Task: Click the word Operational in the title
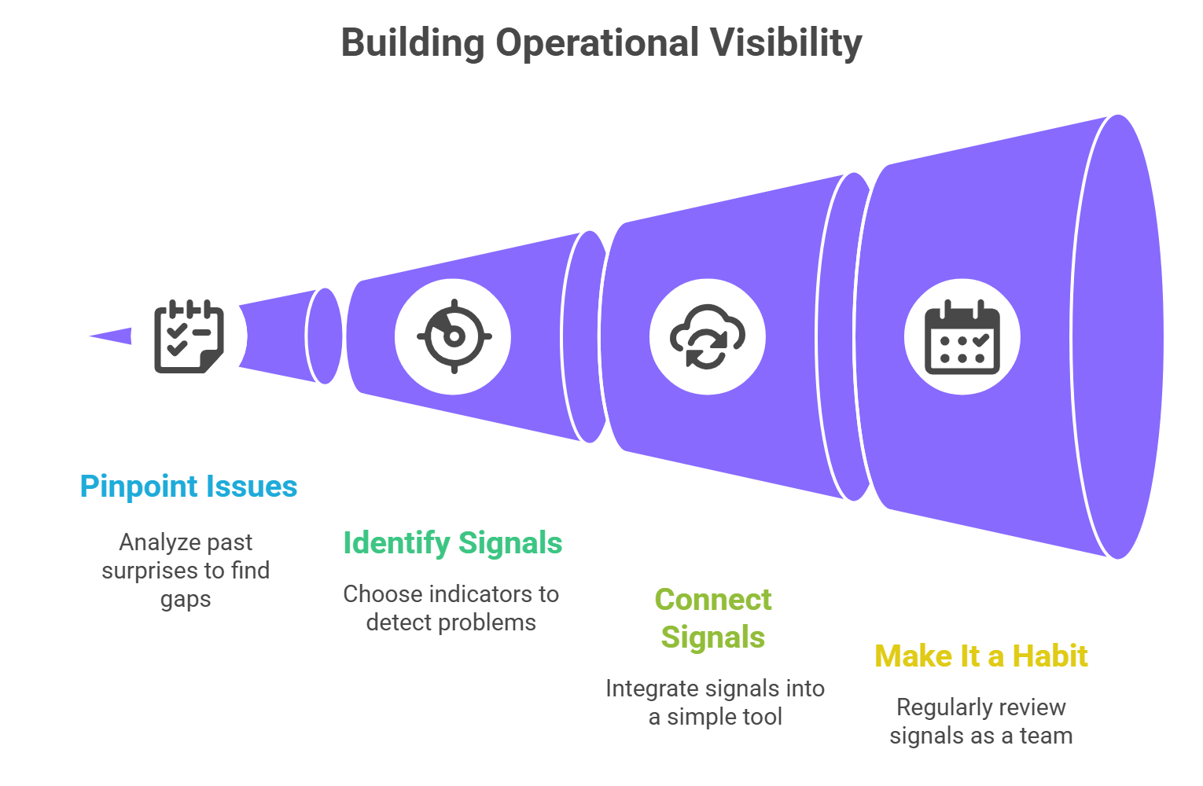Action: (x=597, y=44)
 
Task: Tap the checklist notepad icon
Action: (x=189, y=336)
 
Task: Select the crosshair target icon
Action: (x=453, y=337)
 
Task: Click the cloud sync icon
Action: (x=707, y=337)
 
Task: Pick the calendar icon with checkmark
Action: (x=962, y=337)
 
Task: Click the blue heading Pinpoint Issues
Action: (x=189, y=487)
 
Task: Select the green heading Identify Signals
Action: (x=453, y=543)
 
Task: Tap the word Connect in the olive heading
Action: (x=713, y=600)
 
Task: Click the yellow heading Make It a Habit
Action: (x=981, y=656)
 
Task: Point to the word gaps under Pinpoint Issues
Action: (x=186, y=599)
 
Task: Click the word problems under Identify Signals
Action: (x=487, y=623)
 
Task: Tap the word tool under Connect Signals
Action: (x=763, y=718)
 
